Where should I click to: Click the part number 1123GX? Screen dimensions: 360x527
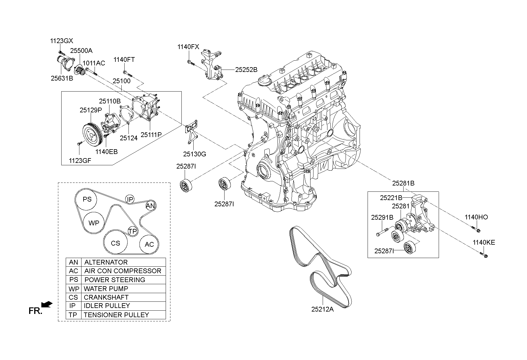click(61, 41)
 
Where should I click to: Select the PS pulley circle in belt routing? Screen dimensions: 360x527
click(87, 199)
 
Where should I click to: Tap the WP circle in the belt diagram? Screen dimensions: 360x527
click(94, 223)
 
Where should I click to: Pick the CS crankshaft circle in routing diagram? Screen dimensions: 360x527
click(115, 243)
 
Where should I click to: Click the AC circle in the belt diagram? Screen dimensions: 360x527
click(149, 244)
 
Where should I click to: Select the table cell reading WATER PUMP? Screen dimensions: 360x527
click(106, 288)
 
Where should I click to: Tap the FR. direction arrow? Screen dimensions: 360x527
click(47, 304)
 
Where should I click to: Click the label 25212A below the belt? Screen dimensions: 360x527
click(322, 309)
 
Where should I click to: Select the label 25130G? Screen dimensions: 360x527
click(195, 154)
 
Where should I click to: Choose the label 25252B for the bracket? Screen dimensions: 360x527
click(246, 70)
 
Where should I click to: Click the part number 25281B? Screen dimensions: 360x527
click(403, 183)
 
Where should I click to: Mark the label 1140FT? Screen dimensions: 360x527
click(124, 60)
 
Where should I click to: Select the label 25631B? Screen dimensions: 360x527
click(62, 78)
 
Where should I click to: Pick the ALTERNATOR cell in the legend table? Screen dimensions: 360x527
click(106, 262)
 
